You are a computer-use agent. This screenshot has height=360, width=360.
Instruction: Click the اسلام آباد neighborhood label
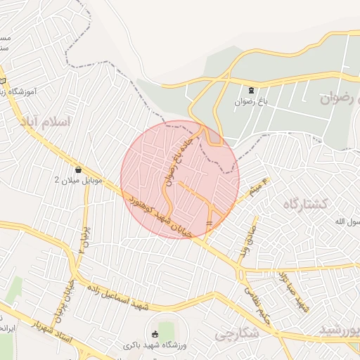coord(49,122)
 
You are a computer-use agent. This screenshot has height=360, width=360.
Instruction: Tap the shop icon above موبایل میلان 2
coord(78,169)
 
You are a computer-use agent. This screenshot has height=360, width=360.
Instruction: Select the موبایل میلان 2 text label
coord(79,181)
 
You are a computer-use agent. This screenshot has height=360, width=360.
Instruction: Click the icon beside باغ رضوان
coord(252,90)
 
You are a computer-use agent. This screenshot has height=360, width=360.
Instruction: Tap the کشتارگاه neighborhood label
coord(306,205)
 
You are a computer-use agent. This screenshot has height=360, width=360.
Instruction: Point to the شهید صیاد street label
coord(293,290)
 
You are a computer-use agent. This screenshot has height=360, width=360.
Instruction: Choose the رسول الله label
coord(347,222)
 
